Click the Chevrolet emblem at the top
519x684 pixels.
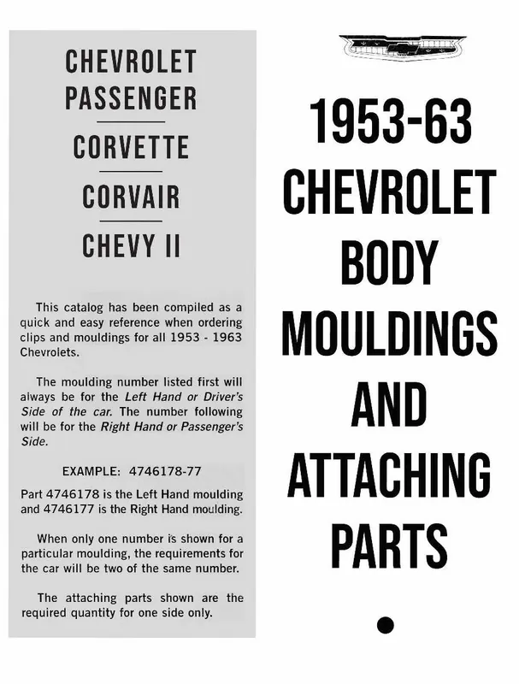coord(402,47)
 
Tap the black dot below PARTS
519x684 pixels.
coord(385,624)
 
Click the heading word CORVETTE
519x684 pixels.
coord(131,148)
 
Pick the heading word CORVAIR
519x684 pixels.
coord(131,197)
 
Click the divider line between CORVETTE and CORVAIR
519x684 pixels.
coord(131,172)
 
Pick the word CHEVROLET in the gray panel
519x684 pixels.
coord(131,62)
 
